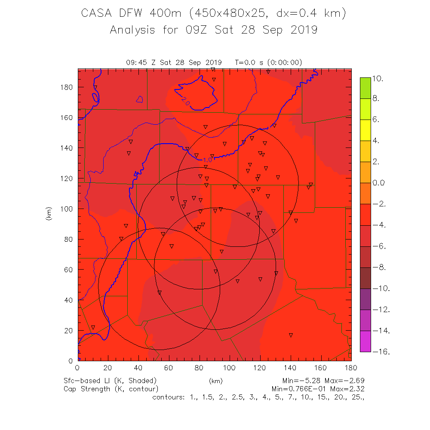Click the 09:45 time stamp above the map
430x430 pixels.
(x=137, y=62)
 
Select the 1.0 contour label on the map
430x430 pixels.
(x=207, y=160)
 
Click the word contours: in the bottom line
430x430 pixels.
(x=169, y=397)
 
